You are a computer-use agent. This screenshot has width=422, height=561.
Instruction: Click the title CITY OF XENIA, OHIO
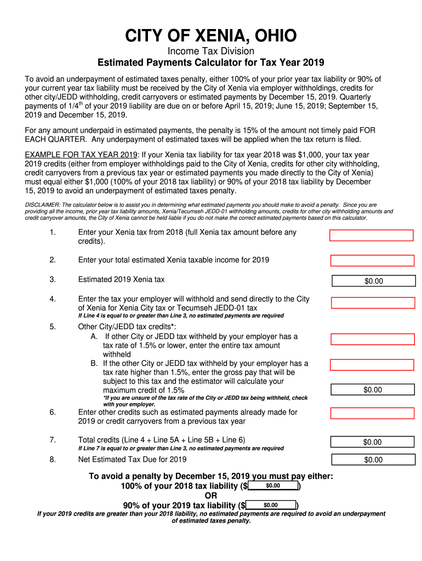[x=210, y=36]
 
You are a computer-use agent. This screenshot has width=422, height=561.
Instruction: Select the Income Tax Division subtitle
[x=210, y=51]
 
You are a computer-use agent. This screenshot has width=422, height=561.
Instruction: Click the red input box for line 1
[x=371, y=236]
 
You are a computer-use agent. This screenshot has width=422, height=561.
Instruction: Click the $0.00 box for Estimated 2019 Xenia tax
[x=374, y=281]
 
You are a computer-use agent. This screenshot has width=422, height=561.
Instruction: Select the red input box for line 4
[x=373, y=303]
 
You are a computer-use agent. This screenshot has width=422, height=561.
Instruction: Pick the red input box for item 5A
[x=372, y=339]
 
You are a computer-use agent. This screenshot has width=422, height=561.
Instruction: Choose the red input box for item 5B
[x=372, y=365]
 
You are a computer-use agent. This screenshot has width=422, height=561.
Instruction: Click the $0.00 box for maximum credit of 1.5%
[x=373, y=390]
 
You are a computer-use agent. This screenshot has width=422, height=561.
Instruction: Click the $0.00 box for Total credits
[x=373, y=442]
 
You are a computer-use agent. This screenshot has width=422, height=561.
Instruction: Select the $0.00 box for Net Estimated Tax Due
[x=373, y=460]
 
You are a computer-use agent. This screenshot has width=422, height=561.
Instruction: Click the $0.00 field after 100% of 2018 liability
[x=273, y=486]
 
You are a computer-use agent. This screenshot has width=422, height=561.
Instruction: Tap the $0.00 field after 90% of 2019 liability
[x=271, y=505]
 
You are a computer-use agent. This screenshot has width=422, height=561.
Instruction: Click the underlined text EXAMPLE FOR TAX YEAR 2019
[x=82, y=154]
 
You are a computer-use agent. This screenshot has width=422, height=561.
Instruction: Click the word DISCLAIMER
[x=43, y=204]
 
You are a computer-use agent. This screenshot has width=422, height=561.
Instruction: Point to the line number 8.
[x=53, y=460]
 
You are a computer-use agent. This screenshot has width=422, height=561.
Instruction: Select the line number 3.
[x=53, y=279]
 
